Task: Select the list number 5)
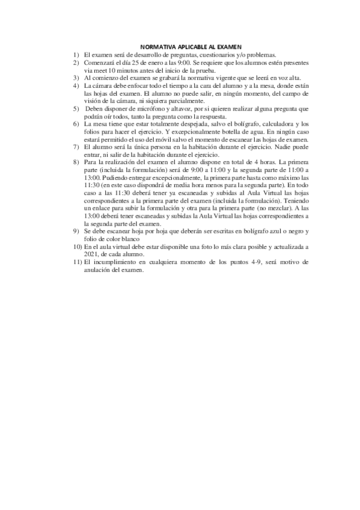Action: tap(76, 108)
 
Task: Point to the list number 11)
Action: tap(77, 262)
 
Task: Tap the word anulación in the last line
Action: tap(100, 270)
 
